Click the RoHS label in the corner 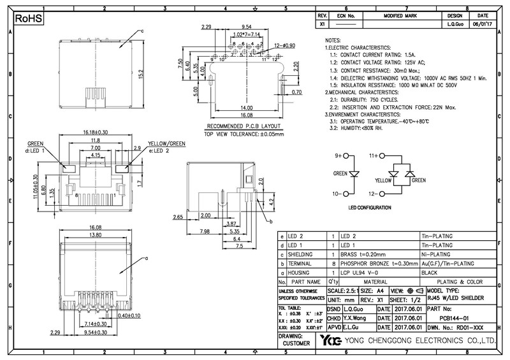click(27, 20)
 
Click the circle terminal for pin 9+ click(347, 155)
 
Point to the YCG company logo click(330, 341)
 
